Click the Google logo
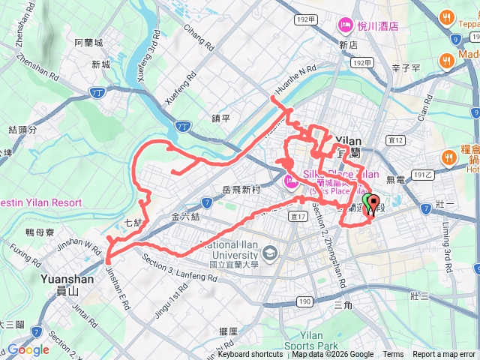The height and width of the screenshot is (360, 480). point(28,349)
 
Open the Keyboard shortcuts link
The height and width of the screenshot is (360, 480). point(250,355)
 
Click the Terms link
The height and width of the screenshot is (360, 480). point(393,355)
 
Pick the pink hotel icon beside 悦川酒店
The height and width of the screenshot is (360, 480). point(346,26)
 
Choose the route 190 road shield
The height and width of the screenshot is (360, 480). point(304,301)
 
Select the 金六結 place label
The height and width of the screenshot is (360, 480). point(186,217)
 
